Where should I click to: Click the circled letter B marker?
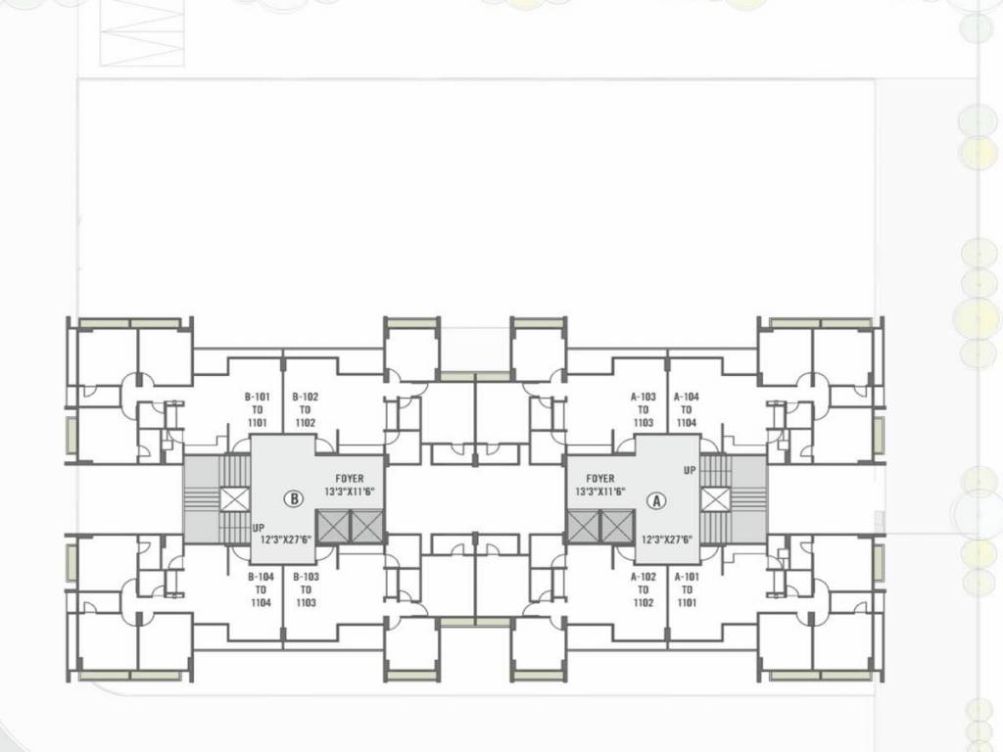(294, 498)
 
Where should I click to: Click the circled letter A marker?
(657, 498)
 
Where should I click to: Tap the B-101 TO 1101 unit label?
(258, 410)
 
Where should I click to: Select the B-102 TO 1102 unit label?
(305, 410)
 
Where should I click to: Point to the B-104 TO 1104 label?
(261, 590)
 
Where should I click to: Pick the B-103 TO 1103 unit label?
(306, 590)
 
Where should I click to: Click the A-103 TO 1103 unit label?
(643, 410)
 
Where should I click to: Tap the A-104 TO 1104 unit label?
(686, 410)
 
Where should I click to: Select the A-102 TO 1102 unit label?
(643, 590)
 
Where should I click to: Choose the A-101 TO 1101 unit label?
(687, 590)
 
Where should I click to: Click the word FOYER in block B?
(350, 479)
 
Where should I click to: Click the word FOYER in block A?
(600, 479)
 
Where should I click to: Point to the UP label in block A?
(690, 471)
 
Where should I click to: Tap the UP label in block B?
(259, 527)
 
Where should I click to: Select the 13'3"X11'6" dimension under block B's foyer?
(350, 491)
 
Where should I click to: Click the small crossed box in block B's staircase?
(235, 499)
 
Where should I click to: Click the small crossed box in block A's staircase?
(715, 499)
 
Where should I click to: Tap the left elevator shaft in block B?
(334, 525)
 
